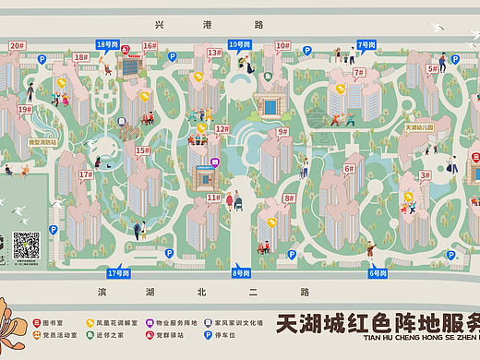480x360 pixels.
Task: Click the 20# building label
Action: point(17,44)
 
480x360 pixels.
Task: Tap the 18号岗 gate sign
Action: point(107,44)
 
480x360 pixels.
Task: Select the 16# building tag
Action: point(149,45)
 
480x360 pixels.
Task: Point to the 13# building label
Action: point(213,53)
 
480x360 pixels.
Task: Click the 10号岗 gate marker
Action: point(239,44)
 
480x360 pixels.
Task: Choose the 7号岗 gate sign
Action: point(366,44)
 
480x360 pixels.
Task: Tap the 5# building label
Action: point(432,68)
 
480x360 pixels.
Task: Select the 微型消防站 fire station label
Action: point(42,143)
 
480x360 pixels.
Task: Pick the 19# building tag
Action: point(24,109)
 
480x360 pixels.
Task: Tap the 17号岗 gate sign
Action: point(119,273)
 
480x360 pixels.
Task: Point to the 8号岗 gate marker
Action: point(241,273)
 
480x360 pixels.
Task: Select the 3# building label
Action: point(425,174)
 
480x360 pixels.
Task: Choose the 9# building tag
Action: point(283,131)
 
